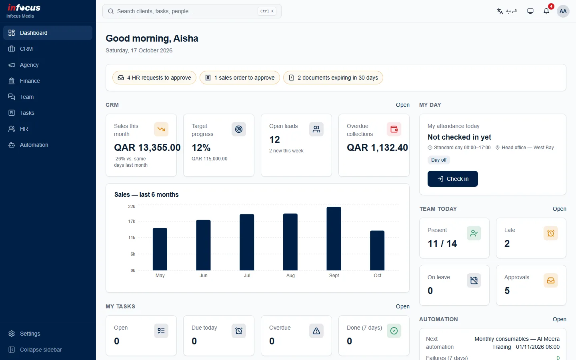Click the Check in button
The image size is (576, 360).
pyautogui.click(x=452, y=179)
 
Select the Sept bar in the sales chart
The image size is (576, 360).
pyautogui.click(x=334, y=239)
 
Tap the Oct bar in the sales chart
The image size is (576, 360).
pyautogui.click(x=377, y=250)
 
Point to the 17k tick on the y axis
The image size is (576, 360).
pyautogui.click(x=132, y=222)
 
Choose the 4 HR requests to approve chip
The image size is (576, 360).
pyautogui.click(x=154, y=78)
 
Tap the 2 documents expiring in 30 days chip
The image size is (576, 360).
pyautogui.click(x=333, y=78)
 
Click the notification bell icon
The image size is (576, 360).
pyautogui.click(x=546, y=11)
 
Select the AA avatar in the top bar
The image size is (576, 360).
pyautogui.click(x=563, y=11)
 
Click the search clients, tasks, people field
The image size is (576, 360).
pyautogui.click(x=192, y=11)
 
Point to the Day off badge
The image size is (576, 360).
pyautogui.click(x=439, y=160)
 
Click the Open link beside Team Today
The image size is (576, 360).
pyautogui.click(x=559, y=209)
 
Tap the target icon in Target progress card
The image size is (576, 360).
pyautogui.click(x=239, y=129)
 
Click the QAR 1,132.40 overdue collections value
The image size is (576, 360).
pyautogui.click(x=377, y=148)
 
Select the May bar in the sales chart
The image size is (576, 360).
pyautogui.click(x=160, y=249)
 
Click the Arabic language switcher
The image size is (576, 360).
pyautogui.click(x=507, y=11)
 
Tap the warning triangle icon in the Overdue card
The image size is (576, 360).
pyautogui.click(x=316, y=331)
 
